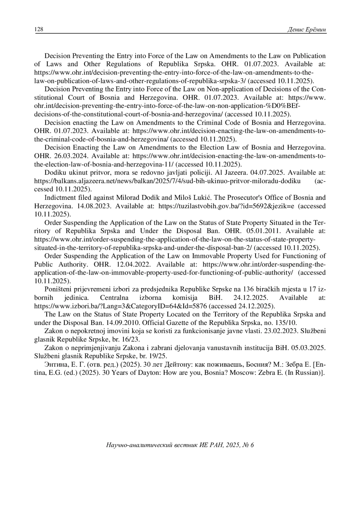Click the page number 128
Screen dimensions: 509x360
[x=39, y=29]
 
